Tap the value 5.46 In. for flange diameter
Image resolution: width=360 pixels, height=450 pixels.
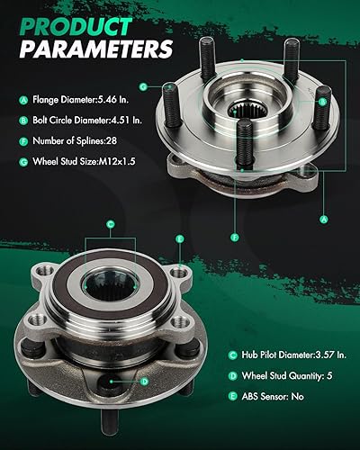coord(116,101)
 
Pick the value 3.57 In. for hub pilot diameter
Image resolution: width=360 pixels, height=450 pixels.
coord(309,355)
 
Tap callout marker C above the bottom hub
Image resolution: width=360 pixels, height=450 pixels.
coord(110,223)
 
